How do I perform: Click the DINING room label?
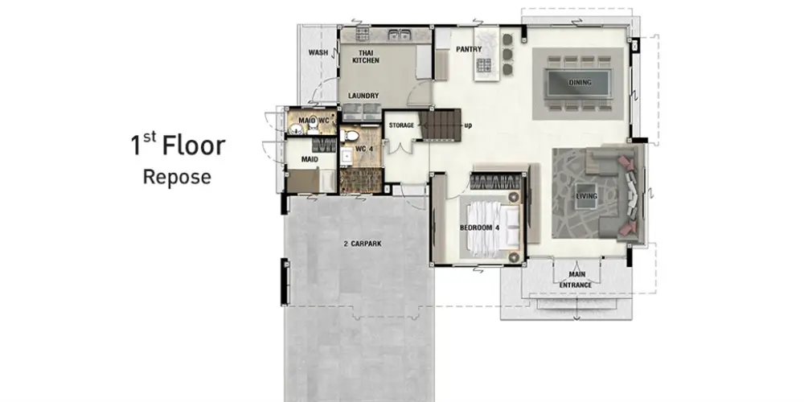[580, 82]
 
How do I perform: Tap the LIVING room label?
[587, 196]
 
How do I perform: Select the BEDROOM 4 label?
[479, 228]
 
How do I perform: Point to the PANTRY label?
[469, 50]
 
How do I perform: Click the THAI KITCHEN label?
[366, 57]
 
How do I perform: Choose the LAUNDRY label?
[363, 96]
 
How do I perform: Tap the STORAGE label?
[401, 125]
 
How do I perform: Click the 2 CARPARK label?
[363, 244]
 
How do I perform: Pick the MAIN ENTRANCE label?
[576, 280]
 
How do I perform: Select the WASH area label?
[318, 53]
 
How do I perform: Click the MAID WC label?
[310, 121]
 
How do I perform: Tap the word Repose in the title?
[177, 178]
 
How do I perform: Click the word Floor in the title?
[194, 146]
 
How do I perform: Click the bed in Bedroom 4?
[490, 228]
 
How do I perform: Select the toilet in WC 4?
[350, 137]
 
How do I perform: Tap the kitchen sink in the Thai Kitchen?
[399, 35]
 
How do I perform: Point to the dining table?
[579, 83]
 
